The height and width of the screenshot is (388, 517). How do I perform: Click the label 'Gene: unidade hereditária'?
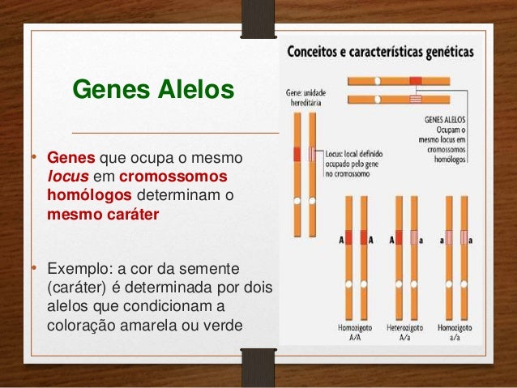coord(304,98)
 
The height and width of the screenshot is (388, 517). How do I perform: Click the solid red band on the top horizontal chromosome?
coord(416,81)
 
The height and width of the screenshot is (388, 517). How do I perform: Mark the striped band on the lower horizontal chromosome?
coord(416,99)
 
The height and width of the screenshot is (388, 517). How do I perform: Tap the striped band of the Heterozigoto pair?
coord(413,239)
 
